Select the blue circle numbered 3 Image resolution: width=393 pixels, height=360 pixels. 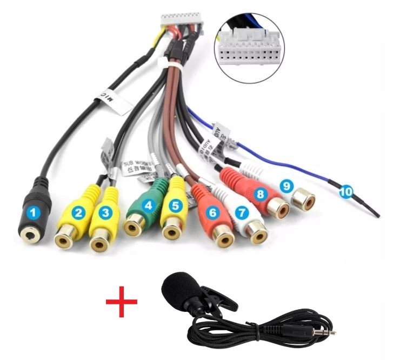[106, 212]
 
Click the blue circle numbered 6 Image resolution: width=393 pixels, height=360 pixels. [212, 213]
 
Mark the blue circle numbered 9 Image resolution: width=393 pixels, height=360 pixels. [287, 185]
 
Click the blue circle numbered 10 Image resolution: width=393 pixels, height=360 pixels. [345, 191]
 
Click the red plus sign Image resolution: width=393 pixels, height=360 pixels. [121, 301]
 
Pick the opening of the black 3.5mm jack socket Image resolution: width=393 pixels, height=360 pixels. [30, 234]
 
